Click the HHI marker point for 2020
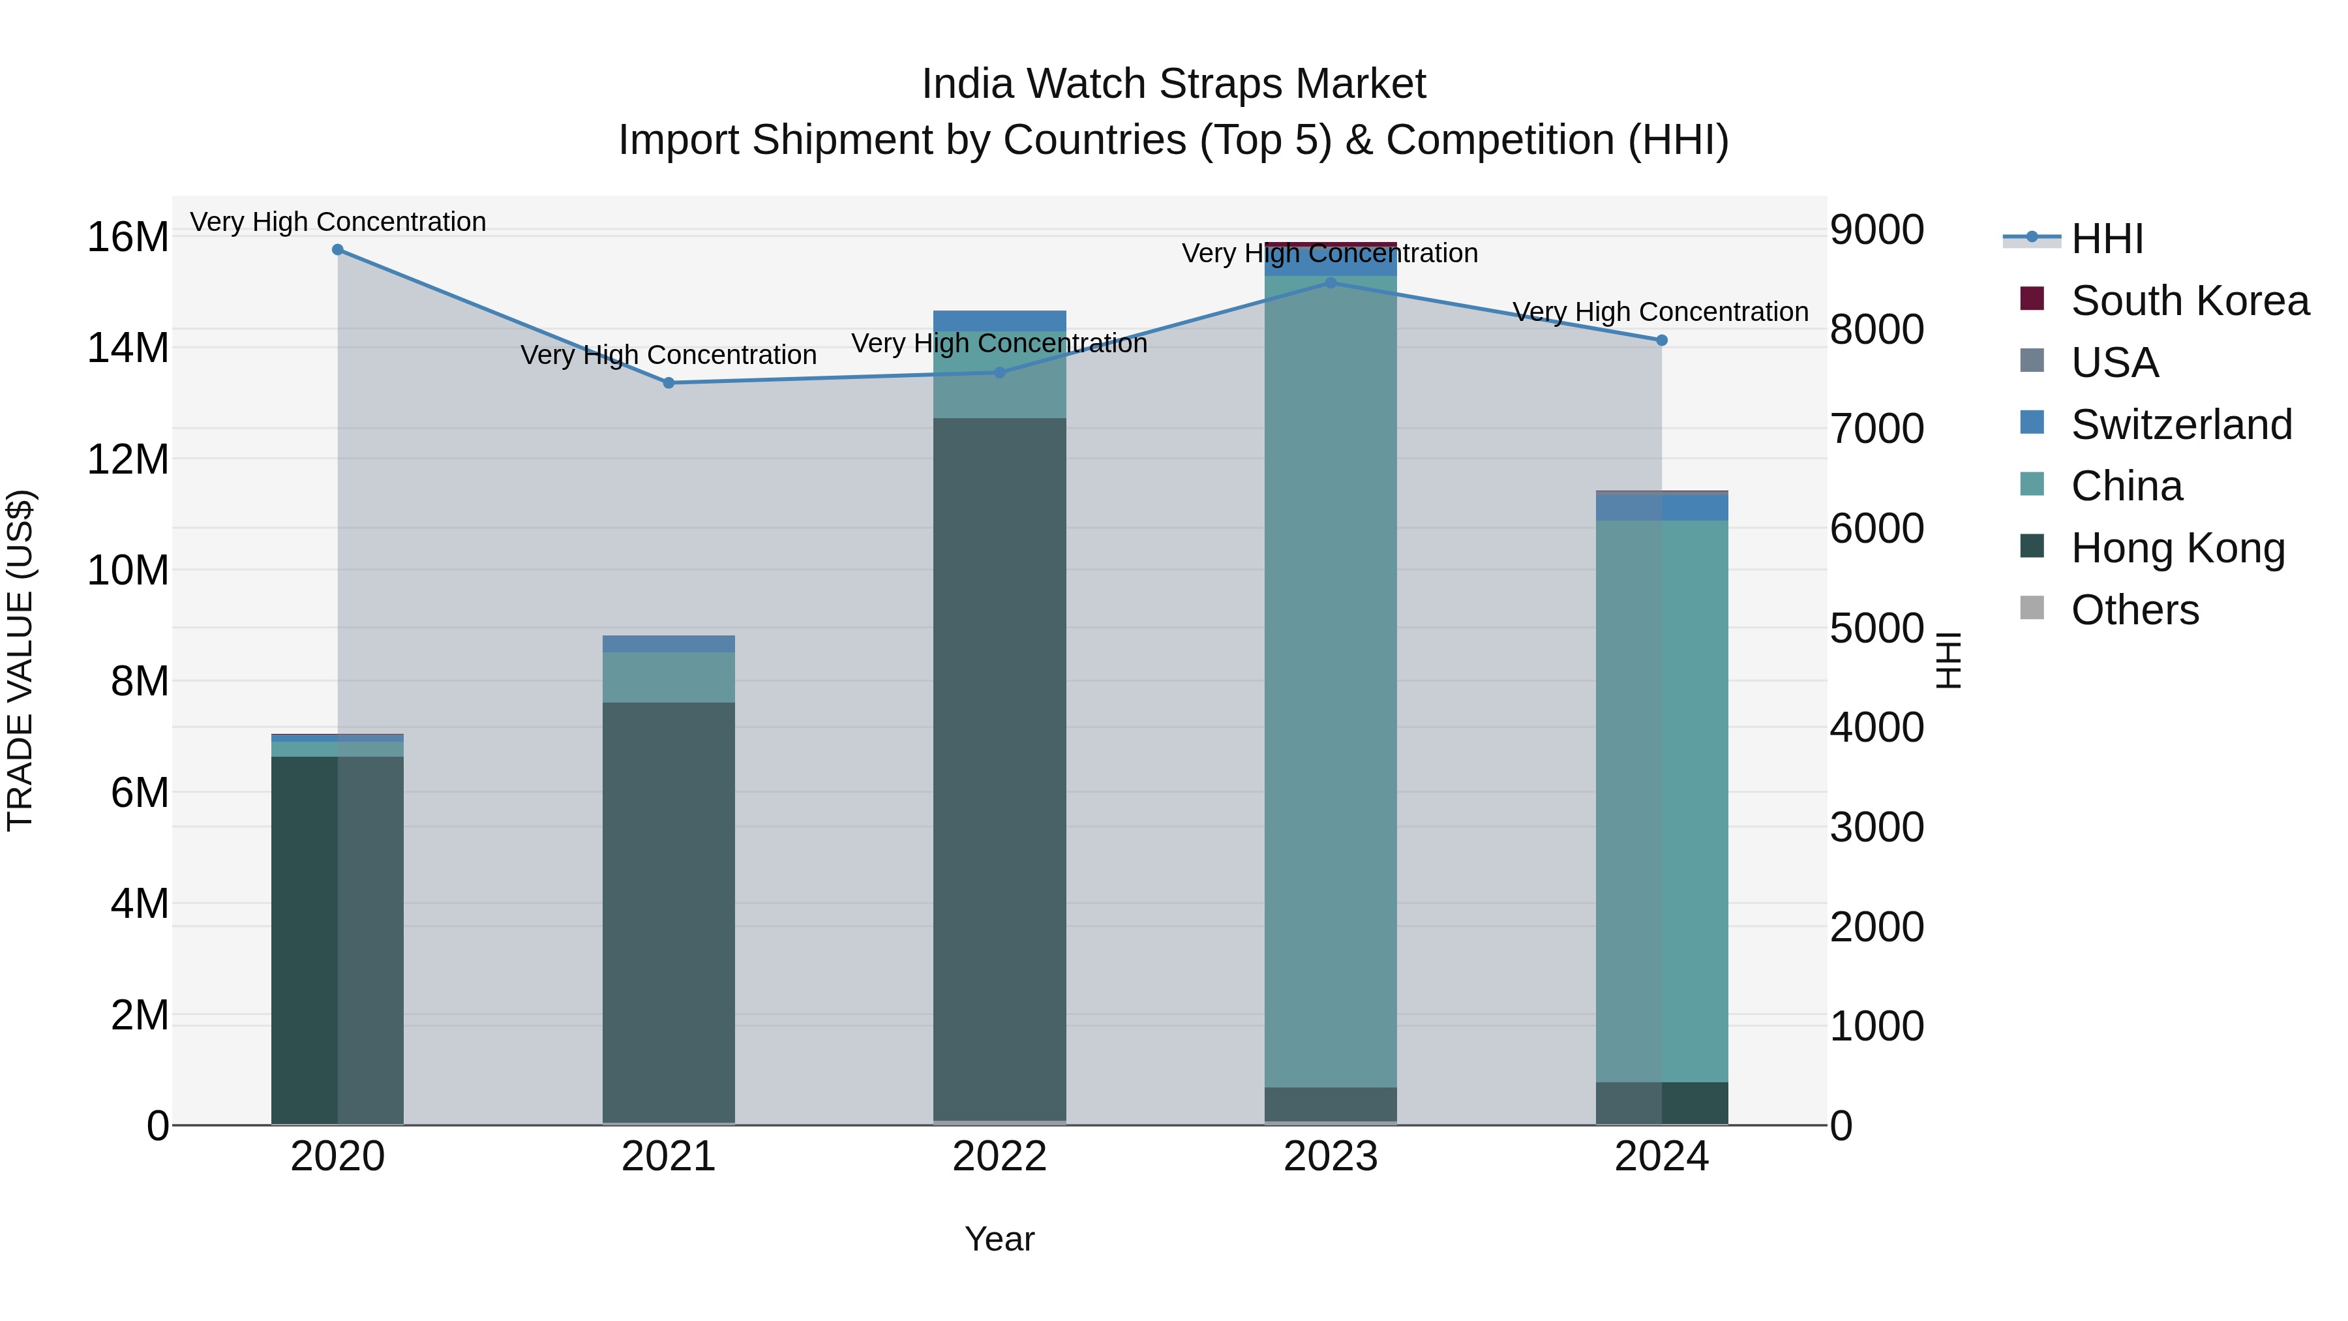tap(337, 250)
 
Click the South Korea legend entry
tap(2188, 301)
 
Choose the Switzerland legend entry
tap(2180, 425)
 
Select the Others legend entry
tap(2134, 610)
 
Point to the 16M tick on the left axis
tap(128, 237)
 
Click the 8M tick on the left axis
tap(140, 681)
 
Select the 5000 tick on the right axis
tap(1876, 628)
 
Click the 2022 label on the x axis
tap(999, 1157)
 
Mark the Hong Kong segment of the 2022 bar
tap(999, 766)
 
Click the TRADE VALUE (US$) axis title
tap(21, 660)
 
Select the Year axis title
tap(999, 1239)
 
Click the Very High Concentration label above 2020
tap(337, 222)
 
